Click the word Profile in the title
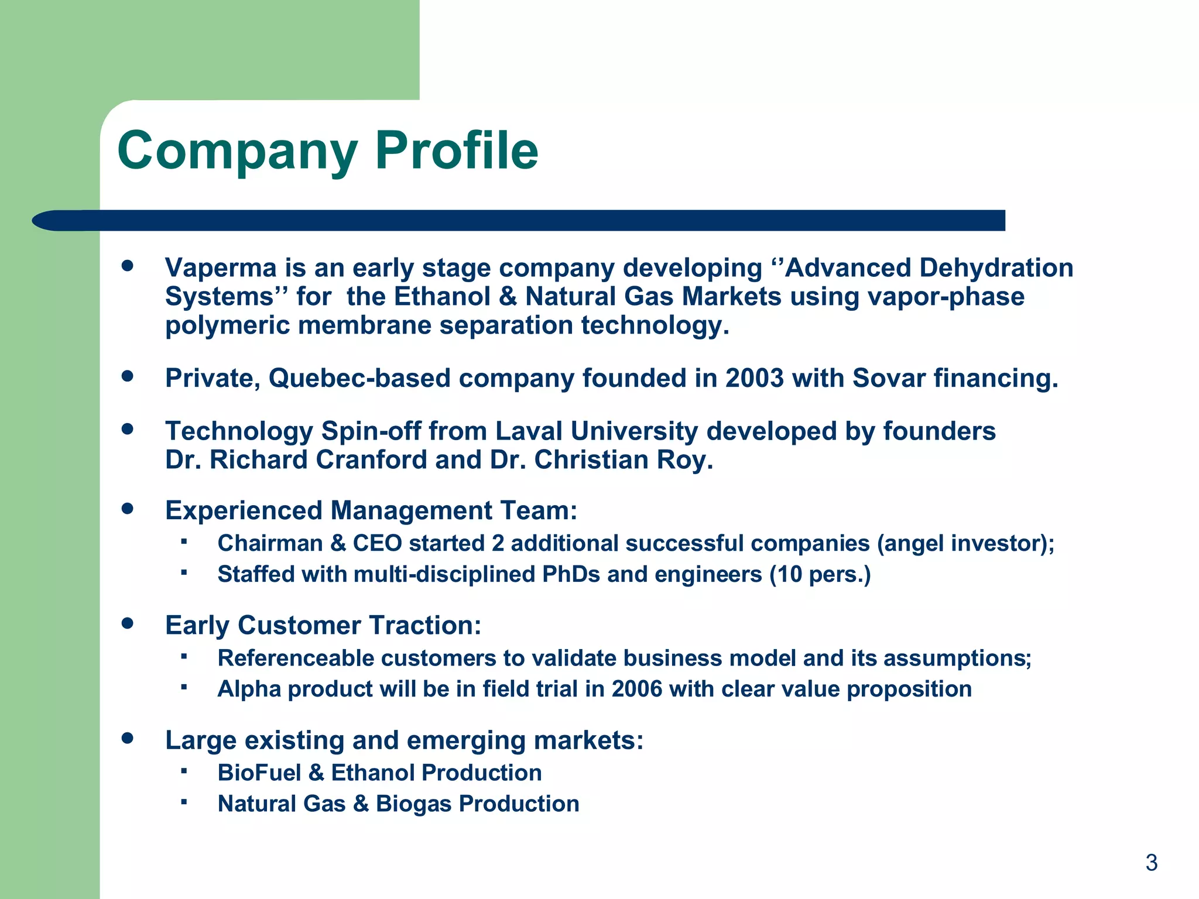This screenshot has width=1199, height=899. pos(456,151)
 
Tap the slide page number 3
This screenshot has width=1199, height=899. pos(1151,863)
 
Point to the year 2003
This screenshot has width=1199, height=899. pos(754,378)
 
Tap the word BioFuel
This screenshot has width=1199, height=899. pos(259,773)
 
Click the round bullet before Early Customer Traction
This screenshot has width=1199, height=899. pos(128,623)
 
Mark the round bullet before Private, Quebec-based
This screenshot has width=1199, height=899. pos(128,376)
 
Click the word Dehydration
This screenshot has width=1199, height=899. pos(996,268)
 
